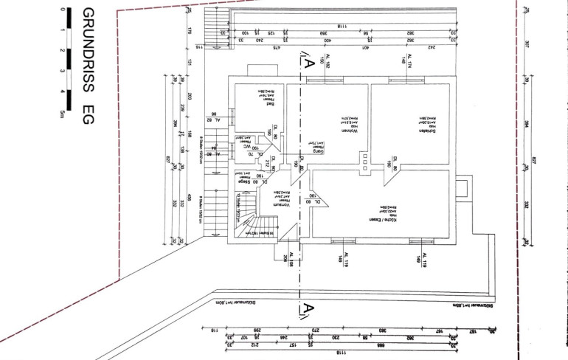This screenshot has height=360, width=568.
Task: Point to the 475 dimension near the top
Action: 275,47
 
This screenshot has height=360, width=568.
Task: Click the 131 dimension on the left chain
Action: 190,64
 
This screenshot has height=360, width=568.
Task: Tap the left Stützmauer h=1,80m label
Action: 230,302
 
